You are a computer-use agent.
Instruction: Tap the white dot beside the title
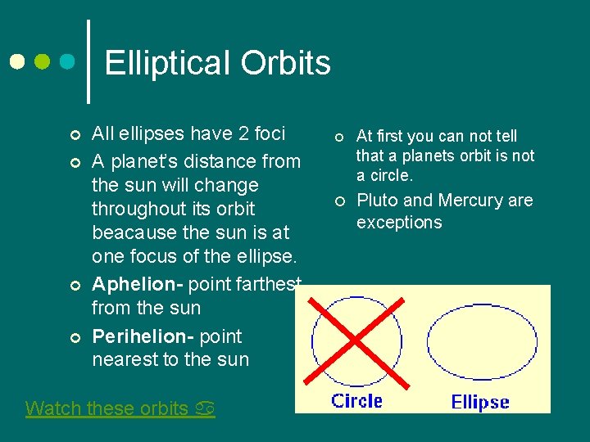click(x=17, y=62)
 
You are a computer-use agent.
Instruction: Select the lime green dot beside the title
click(x=43, y=62)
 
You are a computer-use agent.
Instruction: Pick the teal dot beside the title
click(x=68, y=62)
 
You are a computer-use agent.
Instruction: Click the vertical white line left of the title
click(x=88, y=61)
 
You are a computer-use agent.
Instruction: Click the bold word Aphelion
click(x=137, y=284)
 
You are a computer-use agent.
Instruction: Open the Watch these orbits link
click(x=107, y=408)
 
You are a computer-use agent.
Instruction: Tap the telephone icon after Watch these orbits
click(x=205, y=408)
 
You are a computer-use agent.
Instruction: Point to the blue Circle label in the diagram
click(x=356, y=400)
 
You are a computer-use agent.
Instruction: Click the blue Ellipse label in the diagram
click(x=480, y=402)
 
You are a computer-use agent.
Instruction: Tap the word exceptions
click(x=399, y=223)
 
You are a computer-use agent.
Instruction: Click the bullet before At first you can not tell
click(x=337, y=137)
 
